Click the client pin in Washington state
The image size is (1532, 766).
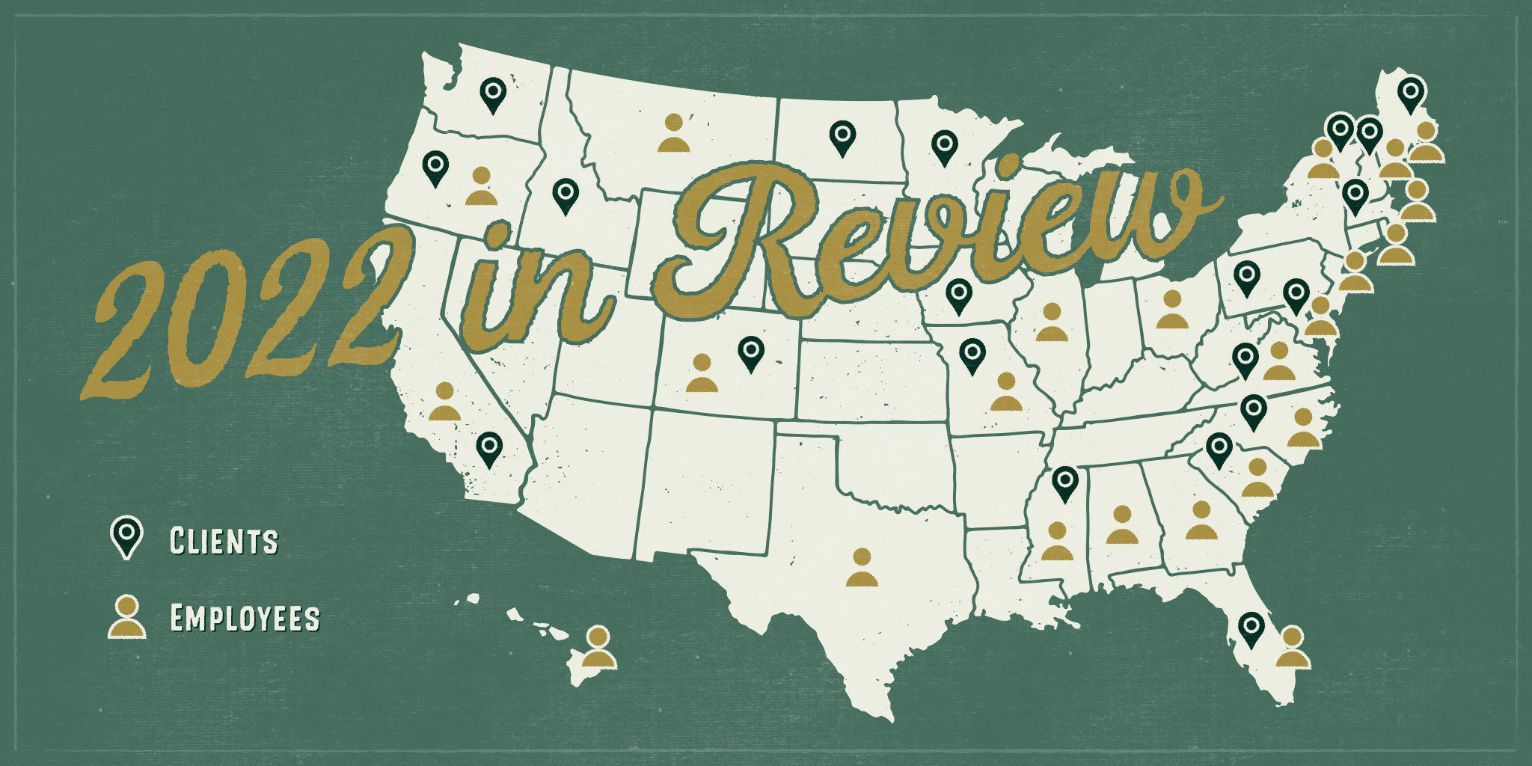(x=492, y=94)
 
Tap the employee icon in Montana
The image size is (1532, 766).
(x=673, y=133)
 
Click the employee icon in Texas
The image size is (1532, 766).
(x=862, y=568)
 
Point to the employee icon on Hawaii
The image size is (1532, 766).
(x=598, y=649)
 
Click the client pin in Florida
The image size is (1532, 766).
(x=1251, y=628)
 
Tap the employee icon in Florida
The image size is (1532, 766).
(x=1293, y=648)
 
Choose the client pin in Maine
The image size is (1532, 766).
(x=1410, y=94)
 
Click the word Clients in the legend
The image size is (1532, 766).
(x=224, y=541)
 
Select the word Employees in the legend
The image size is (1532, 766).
(x=245, y=619)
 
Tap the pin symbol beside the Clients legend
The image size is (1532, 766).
(x=126, y=536)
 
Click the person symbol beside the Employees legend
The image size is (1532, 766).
(x=126, y=617)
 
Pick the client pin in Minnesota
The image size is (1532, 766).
(x=945, y=146)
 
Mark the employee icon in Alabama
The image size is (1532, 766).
(x=1121, y=525)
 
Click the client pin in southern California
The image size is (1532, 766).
(x=488, y=448)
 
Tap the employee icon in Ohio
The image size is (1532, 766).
(x=1171, y=310)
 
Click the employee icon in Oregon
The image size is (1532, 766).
(x=481, y=186)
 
